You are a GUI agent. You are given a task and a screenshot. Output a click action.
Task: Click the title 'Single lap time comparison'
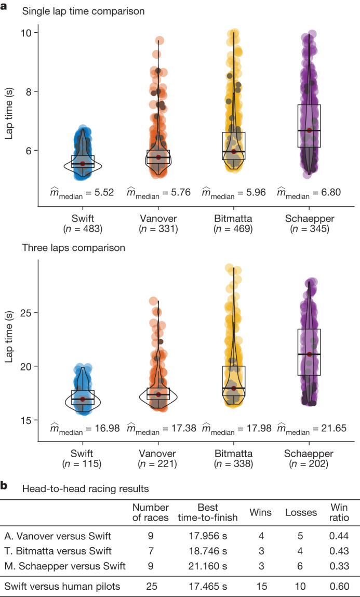click(x=83, y=10)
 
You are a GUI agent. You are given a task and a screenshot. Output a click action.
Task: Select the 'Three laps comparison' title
click(x=73, y=248)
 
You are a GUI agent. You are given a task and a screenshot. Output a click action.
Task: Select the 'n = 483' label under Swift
click(x=82, y=228)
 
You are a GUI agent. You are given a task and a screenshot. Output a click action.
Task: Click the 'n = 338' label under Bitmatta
click(x=234, y=464)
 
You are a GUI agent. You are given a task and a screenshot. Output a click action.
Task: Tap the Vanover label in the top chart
click(x=158, y=217)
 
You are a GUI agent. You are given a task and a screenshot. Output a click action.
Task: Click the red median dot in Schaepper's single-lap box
click(x=309, y=130)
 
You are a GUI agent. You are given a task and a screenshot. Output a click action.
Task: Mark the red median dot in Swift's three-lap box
click(x=83, y=399)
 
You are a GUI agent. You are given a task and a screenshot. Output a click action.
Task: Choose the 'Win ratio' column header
click(x=339, y=512)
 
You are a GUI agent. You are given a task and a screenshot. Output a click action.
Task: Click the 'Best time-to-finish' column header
click(x=207, y=512)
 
